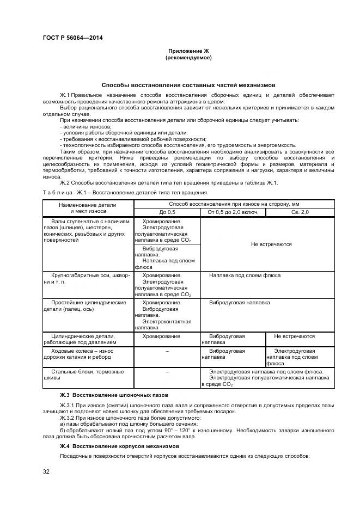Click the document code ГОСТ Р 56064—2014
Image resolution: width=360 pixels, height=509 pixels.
72,38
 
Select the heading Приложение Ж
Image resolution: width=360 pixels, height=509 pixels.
188,51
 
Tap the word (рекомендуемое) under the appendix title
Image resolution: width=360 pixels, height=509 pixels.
188,57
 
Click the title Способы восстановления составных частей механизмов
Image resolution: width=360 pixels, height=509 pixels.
188,85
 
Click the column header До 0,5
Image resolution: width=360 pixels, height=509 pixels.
167,211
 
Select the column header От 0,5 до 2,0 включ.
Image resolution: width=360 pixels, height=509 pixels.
233,211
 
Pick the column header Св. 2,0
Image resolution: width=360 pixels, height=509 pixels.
300,211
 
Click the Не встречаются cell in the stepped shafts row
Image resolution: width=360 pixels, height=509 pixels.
271,244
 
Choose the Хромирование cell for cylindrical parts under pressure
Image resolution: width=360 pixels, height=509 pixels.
161,336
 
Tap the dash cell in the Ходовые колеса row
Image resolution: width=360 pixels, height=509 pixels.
167,351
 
